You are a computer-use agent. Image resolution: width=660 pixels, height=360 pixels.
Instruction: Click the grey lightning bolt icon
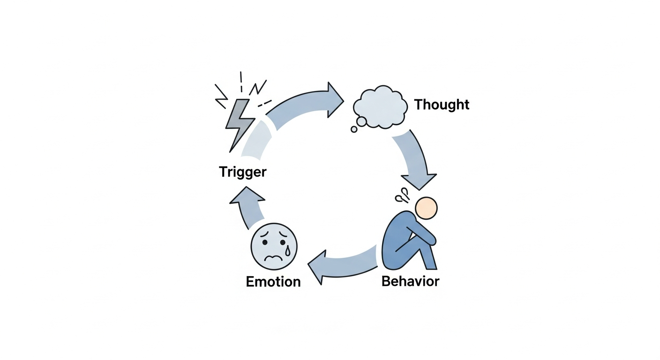coord(239,123)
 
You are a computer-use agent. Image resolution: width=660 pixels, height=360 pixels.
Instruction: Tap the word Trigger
coord(242,172)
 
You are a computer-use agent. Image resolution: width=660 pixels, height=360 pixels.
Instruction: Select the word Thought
coord(442,105)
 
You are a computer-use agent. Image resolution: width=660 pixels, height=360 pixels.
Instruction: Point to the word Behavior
coord(410,281)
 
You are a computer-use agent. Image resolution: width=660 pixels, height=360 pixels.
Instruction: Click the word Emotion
coord(273,282)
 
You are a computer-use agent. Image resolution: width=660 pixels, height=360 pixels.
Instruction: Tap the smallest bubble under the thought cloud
coord(354,129)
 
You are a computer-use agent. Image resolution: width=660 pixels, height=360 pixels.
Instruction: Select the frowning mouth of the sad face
coord(275,258)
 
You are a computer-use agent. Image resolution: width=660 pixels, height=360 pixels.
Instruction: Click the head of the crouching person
coord(426,208)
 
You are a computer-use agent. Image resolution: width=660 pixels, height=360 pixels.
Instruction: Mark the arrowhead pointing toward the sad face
coord(317,267)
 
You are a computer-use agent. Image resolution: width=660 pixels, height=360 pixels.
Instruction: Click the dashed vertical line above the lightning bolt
coord(241,82)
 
